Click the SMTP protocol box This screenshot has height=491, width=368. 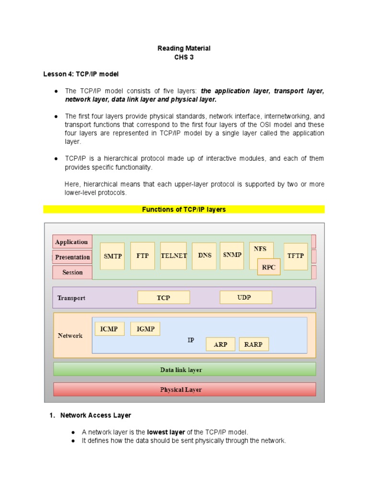[113, 256]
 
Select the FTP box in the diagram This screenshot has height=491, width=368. [142, 256]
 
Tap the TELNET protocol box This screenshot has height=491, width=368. [173, 256]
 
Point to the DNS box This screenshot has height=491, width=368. [205, 256]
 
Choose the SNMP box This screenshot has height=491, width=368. [232, 255]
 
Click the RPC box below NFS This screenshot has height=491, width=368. [269, 267]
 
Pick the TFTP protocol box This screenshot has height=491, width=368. [296, 256]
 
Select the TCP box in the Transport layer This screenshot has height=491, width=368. [163, 298]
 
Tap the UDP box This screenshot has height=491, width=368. [245, 297]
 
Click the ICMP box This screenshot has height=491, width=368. [110, 329]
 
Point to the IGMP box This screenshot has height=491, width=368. [145, 329]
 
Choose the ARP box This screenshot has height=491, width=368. [220, 344]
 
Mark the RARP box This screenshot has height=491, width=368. [253, 344]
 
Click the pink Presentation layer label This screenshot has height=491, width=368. [72, 257]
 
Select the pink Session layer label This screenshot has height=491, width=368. [72, 272]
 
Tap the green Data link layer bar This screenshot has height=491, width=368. [184, 369]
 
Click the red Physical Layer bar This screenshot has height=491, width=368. [184, 389]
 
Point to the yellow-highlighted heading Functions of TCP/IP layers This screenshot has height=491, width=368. [184, 210]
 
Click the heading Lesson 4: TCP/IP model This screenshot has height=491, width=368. [80, 74]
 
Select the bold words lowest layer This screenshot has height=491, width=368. [166, 432]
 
